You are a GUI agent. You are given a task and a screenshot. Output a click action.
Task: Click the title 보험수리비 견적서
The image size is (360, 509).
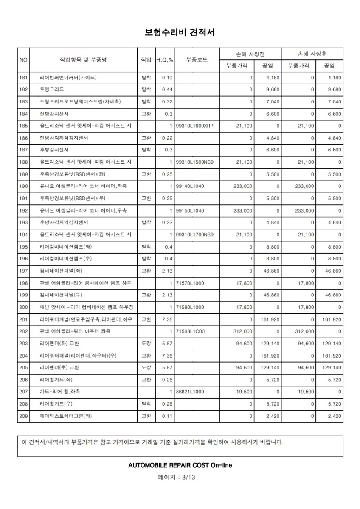click(180, 32)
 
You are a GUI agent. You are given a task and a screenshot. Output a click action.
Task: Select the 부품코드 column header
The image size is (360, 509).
click(197, 60)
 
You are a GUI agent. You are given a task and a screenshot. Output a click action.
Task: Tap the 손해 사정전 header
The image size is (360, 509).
click(250, 54)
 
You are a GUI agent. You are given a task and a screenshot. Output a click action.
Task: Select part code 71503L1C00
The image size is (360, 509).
click(190, 331)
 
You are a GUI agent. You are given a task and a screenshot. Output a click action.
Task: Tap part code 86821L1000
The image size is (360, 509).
click(190, 392)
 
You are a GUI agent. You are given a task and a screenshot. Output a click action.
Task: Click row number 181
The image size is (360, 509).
click(23, 78)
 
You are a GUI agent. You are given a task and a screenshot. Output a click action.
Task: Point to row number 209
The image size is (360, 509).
click(23, 416)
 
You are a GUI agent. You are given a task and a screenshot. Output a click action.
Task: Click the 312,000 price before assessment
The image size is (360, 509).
click(243, 331)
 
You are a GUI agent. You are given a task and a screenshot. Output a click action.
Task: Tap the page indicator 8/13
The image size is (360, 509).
click(180, 477)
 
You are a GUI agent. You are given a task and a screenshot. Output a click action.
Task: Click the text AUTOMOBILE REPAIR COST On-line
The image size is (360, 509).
click(180, 465)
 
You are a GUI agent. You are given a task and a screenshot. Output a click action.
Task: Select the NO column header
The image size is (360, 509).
click(23, 60)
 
